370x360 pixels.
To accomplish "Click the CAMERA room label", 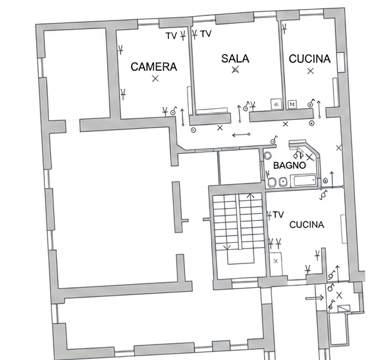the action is tap(154, 67).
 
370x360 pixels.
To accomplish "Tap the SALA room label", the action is tap(235, 59).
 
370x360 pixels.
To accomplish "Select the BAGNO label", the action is tap(289, 166).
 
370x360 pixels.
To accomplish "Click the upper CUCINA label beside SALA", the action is tap(309, 59).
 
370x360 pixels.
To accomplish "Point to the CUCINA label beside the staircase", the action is tap(307, 225).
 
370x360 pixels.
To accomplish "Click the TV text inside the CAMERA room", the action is tap(171, 36).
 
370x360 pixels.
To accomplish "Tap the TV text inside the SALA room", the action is tap(206, 34).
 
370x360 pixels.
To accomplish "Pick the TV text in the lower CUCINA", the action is tap(278, 214).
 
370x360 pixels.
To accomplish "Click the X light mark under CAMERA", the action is tap(155, 79).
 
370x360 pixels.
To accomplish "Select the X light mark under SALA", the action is tap(235, 70).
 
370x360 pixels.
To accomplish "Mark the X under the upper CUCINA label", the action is tap(311, 71).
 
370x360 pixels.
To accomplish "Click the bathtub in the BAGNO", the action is tap(304, 180).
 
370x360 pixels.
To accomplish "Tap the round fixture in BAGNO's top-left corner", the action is tap(268, 155).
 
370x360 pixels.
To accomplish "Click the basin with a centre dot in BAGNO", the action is tap(283, 182).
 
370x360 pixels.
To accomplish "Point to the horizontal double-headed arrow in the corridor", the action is tap(241, 135).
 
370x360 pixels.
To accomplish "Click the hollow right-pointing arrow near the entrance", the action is tap(315, 298).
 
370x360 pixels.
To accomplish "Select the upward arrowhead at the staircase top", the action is tap(250, 195).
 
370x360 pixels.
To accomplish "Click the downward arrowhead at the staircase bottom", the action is tap(227, 247).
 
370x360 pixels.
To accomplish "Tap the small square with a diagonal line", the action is tap(344, 309).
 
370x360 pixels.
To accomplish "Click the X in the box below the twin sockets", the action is tap(276, 261).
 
